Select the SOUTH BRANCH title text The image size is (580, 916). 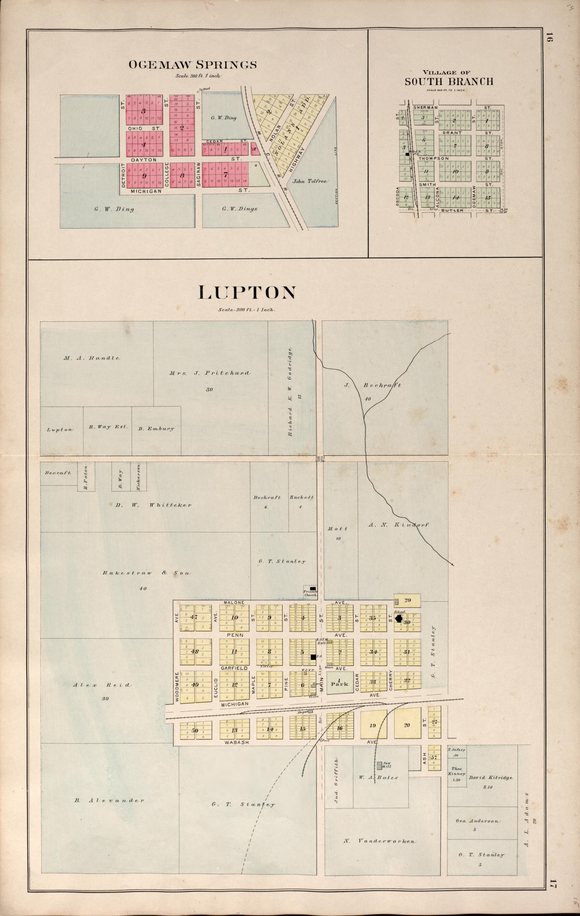coord(449,81)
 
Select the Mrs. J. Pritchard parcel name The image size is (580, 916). coord(210,373)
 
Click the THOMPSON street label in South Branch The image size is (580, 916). coord(434,158)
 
